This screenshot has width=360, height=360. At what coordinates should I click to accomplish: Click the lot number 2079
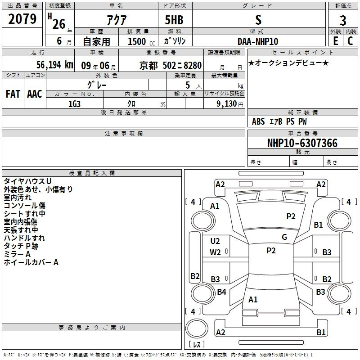tap(22, 19)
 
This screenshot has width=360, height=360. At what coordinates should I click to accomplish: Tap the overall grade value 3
tap(343, 21)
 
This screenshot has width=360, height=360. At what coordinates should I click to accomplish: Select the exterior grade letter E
tap(335, 41)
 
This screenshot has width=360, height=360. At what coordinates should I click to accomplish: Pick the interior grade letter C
tap(350, 41)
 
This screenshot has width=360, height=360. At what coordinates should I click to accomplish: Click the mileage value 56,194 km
tap(55, 65)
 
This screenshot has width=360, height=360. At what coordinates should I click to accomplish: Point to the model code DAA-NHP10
tap(258, 41)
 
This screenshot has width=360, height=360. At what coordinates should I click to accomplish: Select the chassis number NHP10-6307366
tap(302, 143)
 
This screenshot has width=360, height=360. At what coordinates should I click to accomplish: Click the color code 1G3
tap(74, 104)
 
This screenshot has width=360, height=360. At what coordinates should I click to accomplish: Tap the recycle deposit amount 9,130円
tap(230, 104)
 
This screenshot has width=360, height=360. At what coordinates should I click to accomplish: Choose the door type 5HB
tap(174, 20)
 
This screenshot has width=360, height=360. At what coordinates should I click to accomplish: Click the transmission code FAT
tap(13, 94)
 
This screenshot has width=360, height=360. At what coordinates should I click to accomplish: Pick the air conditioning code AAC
tap(35, 94)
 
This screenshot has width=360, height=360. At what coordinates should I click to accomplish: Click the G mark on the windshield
tap(284, 237)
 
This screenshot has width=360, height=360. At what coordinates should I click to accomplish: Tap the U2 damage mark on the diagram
tap(215, 241)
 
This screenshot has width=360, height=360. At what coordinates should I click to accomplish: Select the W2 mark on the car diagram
tap(215, 252)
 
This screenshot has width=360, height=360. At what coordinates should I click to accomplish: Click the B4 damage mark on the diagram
tap(221, 292)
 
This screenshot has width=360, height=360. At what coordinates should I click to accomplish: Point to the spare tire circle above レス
tap(197, 328)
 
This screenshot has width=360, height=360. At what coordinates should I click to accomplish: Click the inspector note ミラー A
tap(17, 254)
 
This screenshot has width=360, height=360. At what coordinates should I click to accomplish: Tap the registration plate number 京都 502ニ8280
tap(171, 66)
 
